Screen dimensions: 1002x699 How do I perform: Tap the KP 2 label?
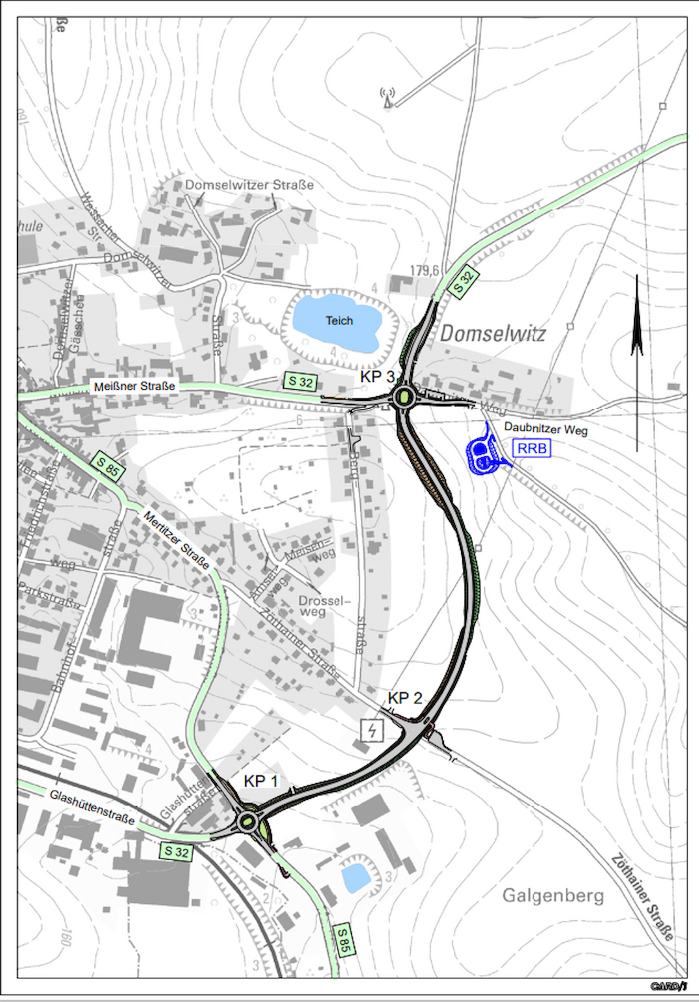coord(404,698)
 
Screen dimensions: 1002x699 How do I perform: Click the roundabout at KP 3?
coord(404,397)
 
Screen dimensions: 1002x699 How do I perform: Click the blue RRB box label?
coord(532,448)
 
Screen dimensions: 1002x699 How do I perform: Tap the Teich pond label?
coord(339,321)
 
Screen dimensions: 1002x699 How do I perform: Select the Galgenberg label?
coord(553,896)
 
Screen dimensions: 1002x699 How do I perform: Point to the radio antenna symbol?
coord(387,98)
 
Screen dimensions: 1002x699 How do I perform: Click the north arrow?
coord(637,362)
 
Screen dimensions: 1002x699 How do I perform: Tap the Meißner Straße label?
coord(134,386)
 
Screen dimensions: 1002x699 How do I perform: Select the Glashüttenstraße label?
coord(92,808)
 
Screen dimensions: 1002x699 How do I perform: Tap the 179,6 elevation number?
coord(424,271)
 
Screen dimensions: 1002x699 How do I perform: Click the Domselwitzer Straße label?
coord(249,185)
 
